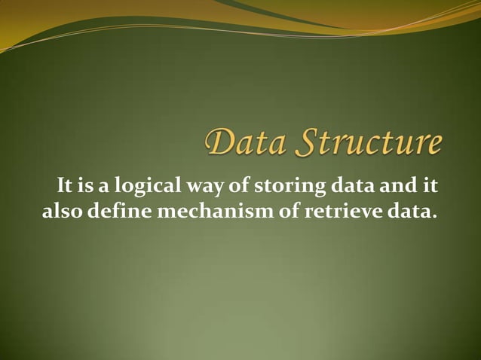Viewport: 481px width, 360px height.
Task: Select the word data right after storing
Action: point(336,185)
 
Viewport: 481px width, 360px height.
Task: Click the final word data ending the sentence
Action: point(410,211)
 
